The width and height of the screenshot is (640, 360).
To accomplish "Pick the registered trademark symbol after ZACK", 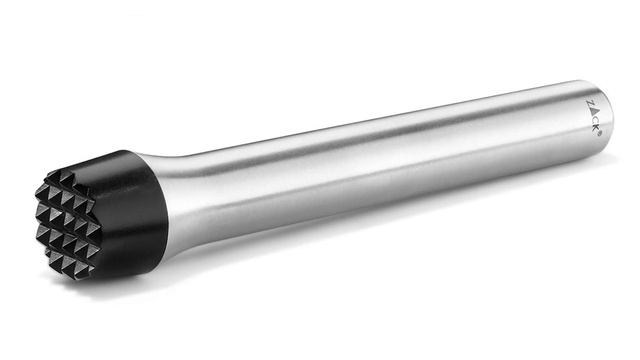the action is coord(598,133).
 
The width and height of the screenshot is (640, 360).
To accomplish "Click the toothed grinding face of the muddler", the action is coord(67,223).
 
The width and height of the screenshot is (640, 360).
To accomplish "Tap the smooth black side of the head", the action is coord(131,216).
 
